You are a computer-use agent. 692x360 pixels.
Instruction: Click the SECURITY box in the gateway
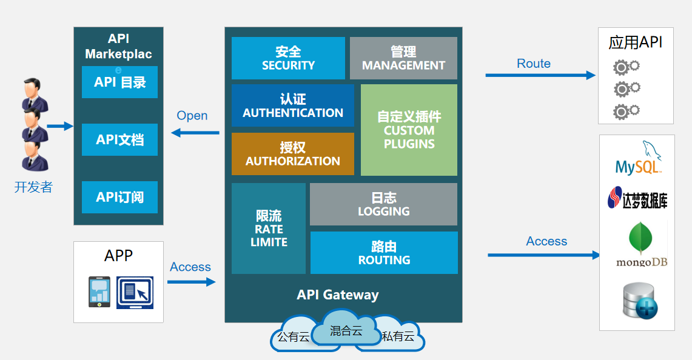[x=288, y=58]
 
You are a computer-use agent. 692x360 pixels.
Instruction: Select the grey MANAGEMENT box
[x=403, y=58]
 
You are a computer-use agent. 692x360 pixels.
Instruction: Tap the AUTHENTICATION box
[x=293, y=105]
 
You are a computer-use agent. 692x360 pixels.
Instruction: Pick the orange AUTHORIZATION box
[x=292, y=154]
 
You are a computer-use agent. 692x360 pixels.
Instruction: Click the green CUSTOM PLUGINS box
[x=409, y=130]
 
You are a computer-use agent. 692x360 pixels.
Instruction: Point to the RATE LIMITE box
[x=269, y=228]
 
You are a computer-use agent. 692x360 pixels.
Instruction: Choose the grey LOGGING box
[x=383, y=204]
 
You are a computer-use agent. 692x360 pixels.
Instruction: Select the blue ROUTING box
[x=384, y=253]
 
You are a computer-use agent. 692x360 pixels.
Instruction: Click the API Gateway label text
[x=338, y=295]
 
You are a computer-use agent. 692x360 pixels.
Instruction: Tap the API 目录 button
[x=119, y=82]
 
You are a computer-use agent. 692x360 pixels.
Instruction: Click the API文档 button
[x=119, y=140]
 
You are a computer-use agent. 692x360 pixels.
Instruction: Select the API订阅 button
[x=119, y=197]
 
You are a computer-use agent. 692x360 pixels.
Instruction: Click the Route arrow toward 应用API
[x=540, y=75]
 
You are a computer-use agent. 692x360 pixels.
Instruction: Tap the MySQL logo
[x=637, y=159]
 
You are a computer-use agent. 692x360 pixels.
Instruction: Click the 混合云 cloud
[x=346, y=330]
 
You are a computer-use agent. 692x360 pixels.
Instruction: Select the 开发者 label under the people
[x=33, y=187]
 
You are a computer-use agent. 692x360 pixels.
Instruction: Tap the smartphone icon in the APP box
[x=99, y=292]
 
